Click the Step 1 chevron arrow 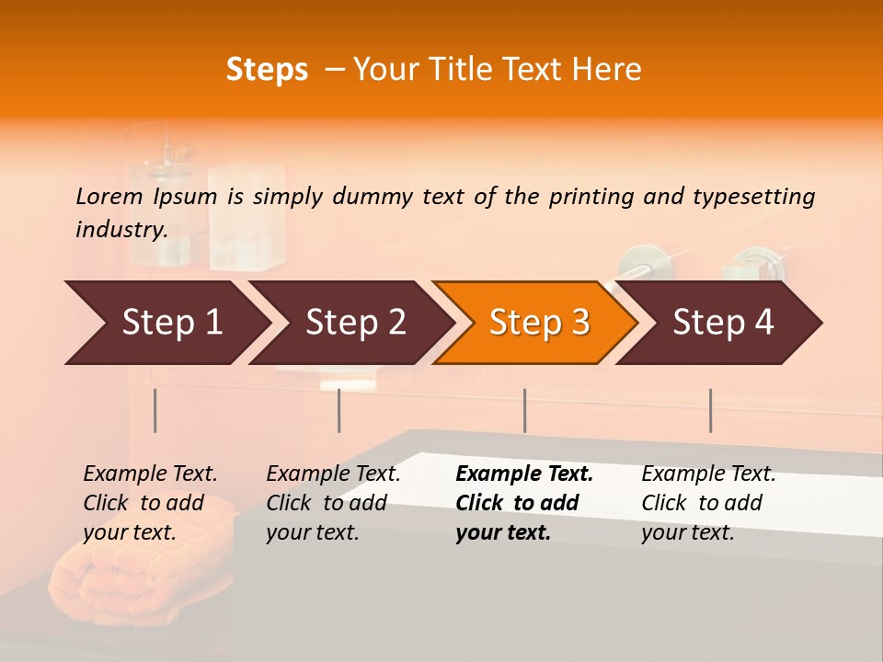click(166, 323)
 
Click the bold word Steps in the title click(267, 70)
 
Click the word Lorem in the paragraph click(109, 196)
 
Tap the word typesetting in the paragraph click(753, 197)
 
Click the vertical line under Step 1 click(155, 410)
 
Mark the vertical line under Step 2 click(339, 410)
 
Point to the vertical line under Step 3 click(524, 410)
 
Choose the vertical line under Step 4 click(710, 410)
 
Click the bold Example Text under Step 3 click(524, 474)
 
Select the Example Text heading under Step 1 click(150, 474)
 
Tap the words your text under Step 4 click(687, 532)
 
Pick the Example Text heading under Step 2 click(333, 474)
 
